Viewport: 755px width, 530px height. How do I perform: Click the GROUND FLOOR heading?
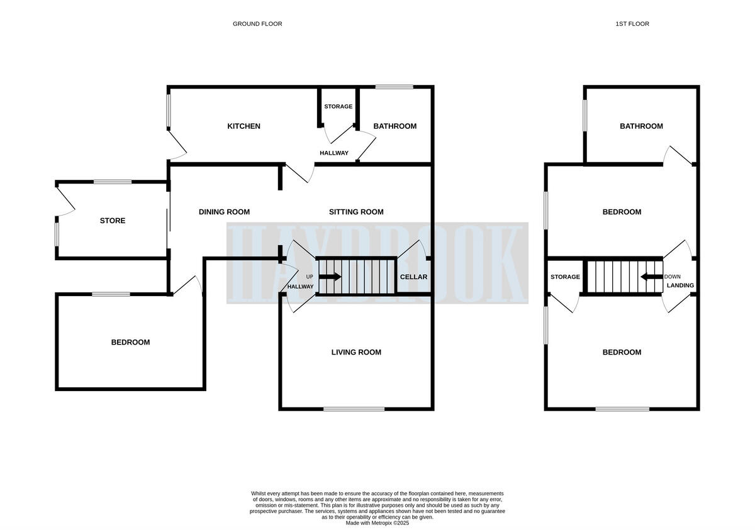[257, 24]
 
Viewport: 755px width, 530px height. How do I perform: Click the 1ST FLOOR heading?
[632, 24]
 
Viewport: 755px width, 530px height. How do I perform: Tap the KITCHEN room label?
[243, 126]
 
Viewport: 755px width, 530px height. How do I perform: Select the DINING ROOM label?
[224, 212]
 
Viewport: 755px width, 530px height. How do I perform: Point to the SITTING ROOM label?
[356, 212]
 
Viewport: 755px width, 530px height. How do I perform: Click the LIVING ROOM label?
[356, 352]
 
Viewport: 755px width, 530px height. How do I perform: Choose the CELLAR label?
[413, 277]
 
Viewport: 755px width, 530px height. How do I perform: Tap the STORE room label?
[113, 221]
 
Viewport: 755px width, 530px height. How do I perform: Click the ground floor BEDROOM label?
[130, 342]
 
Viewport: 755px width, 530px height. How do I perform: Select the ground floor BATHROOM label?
[394, 126]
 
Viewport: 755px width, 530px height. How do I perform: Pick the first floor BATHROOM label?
[641, 126]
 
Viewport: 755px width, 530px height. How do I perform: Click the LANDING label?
[680, 285]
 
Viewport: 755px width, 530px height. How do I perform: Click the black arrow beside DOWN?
[648, 277]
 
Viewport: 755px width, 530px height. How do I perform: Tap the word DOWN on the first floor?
[672, 277]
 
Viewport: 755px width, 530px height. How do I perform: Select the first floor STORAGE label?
[565, 277]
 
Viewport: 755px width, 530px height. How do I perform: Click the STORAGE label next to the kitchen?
[338, 106]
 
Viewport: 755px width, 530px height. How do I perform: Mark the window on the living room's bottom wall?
[354, 409]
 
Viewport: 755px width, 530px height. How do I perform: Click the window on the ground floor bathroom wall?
[394, 87]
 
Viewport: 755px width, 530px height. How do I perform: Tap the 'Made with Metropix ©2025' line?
[377, 522]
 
